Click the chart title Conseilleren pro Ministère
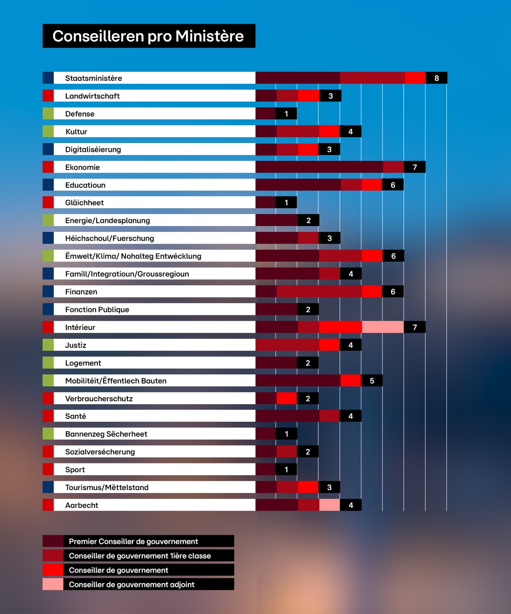148,36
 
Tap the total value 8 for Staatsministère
436,78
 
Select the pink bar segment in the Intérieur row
382,327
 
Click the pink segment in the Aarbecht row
329,505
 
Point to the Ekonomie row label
83,167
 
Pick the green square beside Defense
48,113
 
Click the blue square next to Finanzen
48,292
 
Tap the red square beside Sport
48,469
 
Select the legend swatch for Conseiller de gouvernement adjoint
53,584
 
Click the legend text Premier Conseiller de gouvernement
134,541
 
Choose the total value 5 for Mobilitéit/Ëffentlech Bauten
372,381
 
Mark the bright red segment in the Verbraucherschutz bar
286,398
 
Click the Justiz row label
76,345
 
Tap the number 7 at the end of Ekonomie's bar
415,167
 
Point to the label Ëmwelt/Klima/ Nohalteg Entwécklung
133,256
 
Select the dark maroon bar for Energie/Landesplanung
276,220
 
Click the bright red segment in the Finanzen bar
372,292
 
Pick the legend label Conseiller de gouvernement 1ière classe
140,556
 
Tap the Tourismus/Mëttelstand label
107,487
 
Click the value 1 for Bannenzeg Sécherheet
286,434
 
